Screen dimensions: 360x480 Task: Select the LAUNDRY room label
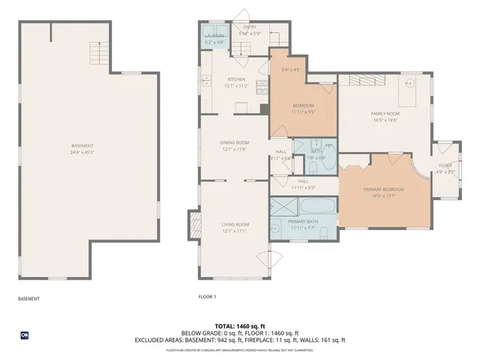point(213,35)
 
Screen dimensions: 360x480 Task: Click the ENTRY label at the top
point(249,27)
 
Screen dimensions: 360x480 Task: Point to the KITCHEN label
point(237,79)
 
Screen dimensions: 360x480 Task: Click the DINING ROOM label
point(235,142)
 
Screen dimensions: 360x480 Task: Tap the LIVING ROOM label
point(235,224)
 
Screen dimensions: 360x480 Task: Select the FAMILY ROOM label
point(383,113)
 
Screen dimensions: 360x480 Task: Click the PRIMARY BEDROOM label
point(383,190)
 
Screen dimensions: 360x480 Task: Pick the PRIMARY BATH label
point(303,222)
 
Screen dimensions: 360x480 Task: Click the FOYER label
point(445,166)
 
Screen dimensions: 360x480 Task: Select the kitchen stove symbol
point(262,86)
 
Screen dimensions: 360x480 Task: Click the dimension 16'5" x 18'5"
point(383,119)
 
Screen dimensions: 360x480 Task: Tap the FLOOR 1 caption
point(207,298)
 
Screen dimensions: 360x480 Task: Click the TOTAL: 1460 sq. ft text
point(240,326)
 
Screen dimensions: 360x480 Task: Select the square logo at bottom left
point(25,334)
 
